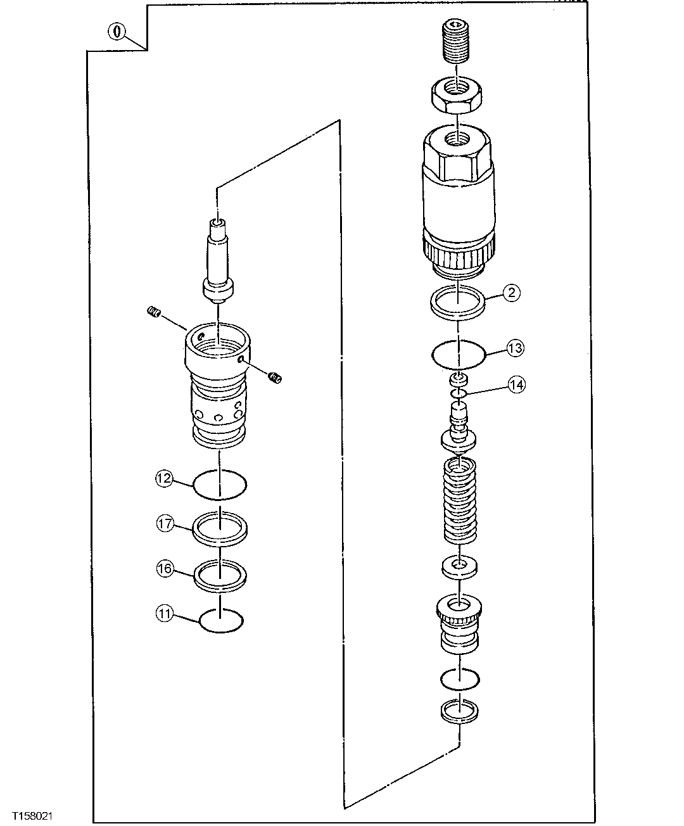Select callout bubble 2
click(512, 292)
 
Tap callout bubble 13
click(515, 348)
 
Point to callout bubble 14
click(516, 384)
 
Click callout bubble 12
click(164, 478)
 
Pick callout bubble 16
click(165, 569)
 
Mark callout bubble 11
click(165, 613)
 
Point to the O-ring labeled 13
click(459, 355)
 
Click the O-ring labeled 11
click(220, 621)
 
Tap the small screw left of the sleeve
click(153, 311)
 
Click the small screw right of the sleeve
click(275, 378)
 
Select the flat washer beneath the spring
click(459, 566)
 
